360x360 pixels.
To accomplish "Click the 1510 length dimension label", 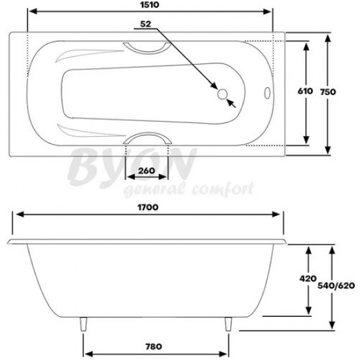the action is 149,5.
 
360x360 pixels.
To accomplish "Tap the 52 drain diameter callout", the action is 145,24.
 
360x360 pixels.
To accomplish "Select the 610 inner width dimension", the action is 305,91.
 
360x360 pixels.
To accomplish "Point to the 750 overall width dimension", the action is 328,92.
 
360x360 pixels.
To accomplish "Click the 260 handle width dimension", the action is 147,171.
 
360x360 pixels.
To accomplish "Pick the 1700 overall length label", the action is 148,207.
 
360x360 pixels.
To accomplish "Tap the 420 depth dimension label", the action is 308,278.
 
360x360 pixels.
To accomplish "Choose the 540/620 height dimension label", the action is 336,285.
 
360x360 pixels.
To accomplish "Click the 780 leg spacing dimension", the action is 154,346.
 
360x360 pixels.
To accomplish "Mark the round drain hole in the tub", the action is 223,94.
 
